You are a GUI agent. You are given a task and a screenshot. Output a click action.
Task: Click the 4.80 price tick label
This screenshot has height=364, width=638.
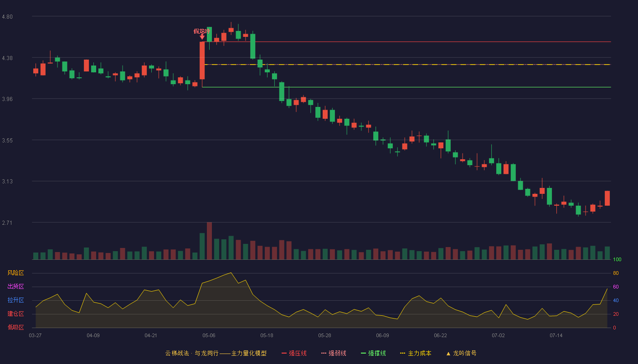pos(7,17)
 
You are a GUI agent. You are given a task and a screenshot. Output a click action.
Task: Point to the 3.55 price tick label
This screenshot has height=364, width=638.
pos(7,141)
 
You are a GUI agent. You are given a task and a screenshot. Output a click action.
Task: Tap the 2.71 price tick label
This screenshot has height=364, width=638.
pos(7,223)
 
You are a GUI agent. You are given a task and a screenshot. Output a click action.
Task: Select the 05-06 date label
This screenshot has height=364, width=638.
pos(209,336)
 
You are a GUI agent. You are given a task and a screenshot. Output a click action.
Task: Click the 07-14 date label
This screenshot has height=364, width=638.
pos(556,336)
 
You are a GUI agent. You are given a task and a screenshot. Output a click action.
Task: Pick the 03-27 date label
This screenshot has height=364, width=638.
pos(36,336)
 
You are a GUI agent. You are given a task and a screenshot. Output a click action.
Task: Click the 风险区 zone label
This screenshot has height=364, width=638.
pos(15,273)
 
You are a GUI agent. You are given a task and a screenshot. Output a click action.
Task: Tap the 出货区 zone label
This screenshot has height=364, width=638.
pos(15,286)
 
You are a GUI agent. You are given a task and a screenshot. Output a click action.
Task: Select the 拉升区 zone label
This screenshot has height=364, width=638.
pos(15,300)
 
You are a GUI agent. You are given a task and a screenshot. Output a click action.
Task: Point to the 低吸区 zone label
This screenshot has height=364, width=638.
pos(15,327)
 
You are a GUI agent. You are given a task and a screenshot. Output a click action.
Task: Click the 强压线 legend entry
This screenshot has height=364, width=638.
pos(294,353)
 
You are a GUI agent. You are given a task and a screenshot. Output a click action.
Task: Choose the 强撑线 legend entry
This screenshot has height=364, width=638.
pos(373,353)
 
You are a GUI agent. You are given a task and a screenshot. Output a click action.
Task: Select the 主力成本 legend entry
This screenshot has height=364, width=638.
pos(416,353)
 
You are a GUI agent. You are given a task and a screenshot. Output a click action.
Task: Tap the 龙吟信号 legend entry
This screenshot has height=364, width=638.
pos(461,353)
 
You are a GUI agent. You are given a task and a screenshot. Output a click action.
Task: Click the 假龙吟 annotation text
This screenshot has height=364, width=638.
pos(201,31)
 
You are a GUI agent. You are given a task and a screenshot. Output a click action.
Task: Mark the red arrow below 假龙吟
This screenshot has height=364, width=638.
pos(202,37)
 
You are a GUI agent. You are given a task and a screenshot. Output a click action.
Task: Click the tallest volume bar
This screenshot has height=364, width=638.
pos(209,241)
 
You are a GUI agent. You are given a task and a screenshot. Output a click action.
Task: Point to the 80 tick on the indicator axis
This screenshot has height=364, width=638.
pos(616,273)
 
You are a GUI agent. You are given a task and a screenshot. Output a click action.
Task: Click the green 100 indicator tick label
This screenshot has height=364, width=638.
pos(617,259)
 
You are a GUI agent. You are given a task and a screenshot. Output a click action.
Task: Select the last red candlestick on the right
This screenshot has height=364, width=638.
pos(607,198)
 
